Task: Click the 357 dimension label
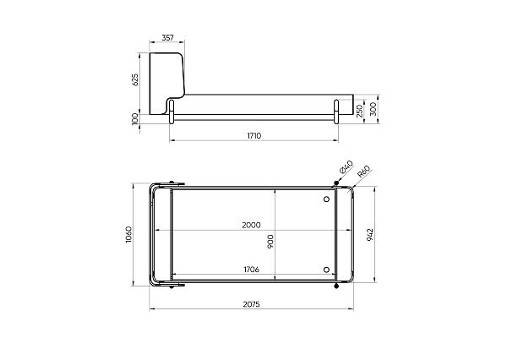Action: (167, 38)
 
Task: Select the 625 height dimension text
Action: (135, 79)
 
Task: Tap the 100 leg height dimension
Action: (135, 118)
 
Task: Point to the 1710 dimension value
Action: (254, 136)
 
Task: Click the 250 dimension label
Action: (360, 111)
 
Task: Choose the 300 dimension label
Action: (373, 109)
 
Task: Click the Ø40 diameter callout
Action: (346, 167)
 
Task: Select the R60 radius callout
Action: (363, 172)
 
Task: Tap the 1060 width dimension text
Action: (128, 234)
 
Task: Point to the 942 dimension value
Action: (370, 234)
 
